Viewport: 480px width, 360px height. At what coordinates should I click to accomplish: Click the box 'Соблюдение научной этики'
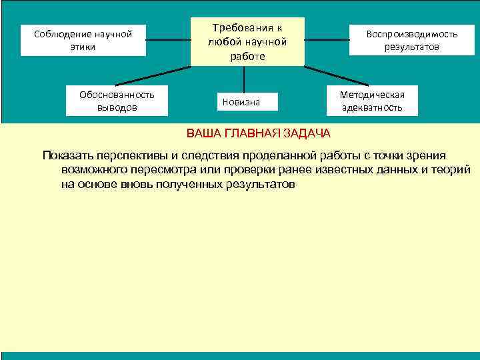[83, 40]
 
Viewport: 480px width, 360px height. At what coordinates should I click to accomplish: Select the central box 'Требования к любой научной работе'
[247, 42]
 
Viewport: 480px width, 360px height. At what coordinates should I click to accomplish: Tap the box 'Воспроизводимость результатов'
[411, 40]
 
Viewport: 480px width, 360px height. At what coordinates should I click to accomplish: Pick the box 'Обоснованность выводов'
[117, 101]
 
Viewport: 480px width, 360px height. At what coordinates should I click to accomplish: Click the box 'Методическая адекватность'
[372, 100]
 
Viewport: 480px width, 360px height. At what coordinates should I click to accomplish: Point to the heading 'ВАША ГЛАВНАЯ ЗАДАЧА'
[258, 133]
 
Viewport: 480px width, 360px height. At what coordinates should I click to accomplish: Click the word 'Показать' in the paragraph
[66, 155]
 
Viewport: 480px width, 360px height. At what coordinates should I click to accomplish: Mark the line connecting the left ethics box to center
[168, 40]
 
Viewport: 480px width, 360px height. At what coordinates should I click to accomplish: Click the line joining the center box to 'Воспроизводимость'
[327, 40]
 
